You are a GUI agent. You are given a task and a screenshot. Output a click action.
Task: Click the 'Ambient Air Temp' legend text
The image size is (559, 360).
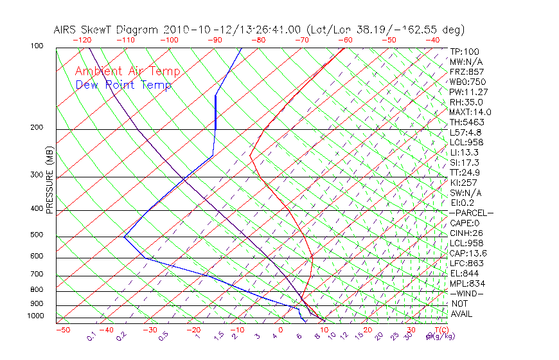[127, 71]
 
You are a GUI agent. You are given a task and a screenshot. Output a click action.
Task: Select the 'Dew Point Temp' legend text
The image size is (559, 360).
[123, 85]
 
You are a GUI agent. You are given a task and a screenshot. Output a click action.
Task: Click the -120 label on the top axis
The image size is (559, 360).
[82, 40]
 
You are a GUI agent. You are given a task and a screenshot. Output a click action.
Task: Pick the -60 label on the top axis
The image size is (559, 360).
[345, 40]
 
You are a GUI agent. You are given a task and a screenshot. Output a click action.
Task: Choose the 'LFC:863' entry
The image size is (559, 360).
[466, 263]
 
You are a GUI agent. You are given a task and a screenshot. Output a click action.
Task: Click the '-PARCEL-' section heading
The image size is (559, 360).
[471, 213]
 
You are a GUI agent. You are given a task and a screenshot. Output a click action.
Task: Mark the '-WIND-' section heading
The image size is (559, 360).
[466, 293]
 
